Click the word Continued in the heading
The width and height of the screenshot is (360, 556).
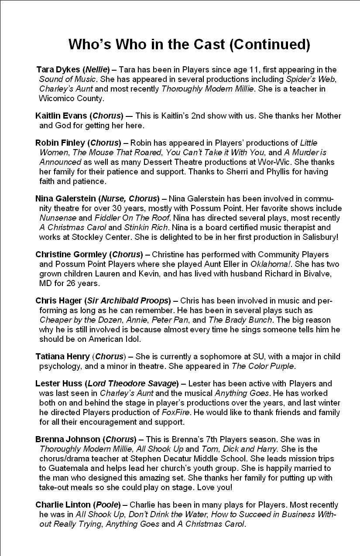pyautogui.click(x=267, y=44)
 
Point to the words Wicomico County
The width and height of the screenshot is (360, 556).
pyautogui.click(x=72, y=99)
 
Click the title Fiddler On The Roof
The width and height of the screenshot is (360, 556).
pyautogui.click(x=118, y=218)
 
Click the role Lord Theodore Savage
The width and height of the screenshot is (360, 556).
pyautogui.click(x=131, y=384)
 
